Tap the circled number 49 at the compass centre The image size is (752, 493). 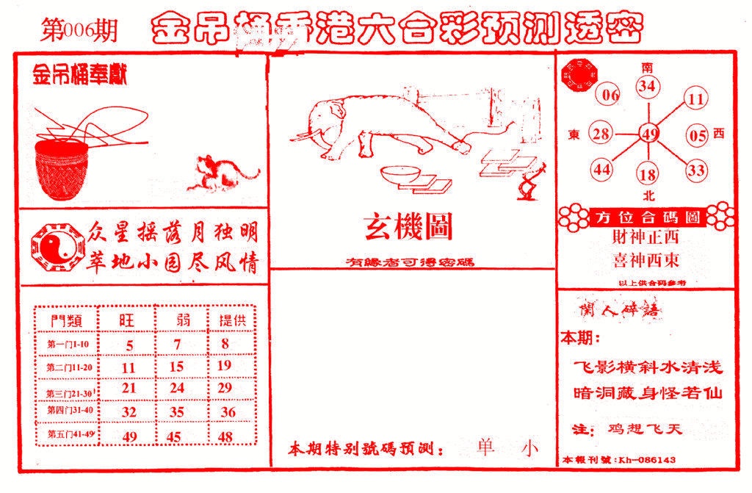(648, 134)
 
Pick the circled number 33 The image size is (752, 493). (695, 171)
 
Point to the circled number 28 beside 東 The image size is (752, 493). (601, 134)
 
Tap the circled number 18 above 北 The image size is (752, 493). (648, 175)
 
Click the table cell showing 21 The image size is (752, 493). (129, 387)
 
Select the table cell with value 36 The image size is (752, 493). (228, 412)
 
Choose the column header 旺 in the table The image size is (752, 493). (128, 320)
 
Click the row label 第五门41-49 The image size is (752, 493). (68, 434)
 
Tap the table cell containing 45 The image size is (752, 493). (176, 436)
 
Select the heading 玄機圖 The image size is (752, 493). (408, 228)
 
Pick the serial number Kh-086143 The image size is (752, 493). (647, 460)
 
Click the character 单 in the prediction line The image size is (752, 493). (485, 447)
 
